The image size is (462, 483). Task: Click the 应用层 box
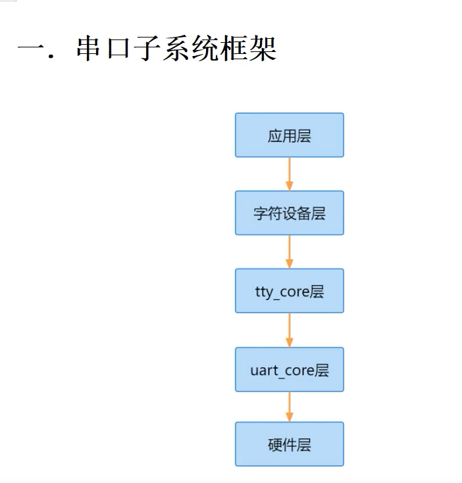(289, 135)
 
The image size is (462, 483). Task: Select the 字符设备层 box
(289, 213)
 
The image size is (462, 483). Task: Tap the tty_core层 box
(289, 290)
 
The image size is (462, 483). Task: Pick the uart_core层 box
(289, 369)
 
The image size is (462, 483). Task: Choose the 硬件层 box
(289, 444)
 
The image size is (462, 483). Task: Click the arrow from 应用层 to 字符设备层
(289, 174)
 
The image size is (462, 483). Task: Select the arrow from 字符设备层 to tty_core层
(289, 251)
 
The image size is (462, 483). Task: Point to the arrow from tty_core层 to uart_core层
(289, 330)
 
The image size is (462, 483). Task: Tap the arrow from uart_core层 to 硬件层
(289, 407)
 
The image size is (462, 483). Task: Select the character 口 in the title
(124, 49)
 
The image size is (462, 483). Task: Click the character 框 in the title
(227, 49)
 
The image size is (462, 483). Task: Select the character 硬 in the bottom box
(274, 445)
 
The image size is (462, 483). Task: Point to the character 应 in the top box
(274, 136)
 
